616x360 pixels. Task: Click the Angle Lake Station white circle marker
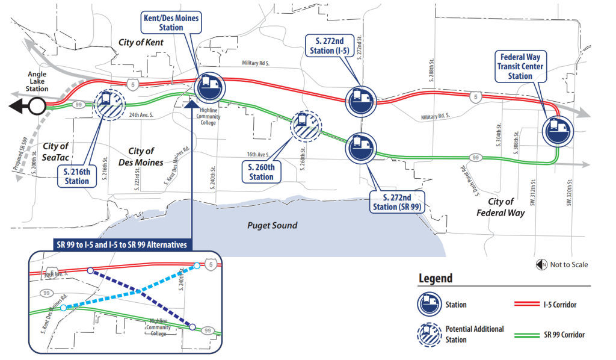pos(37,107)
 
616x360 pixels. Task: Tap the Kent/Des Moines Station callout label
pos(171,23)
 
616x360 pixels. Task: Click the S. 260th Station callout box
pos(261,172)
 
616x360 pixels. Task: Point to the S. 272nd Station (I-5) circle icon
pos(360,101)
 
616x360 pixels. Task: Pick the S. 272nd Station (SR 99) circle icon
pos(360,147)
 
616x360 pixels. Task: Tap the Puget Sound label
pos(273,226)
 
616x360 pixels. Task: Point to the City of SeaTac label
pos(56,151)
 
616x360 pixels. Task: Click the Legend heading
pos(436,279)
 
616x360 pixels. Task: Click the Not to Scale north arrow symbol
pos(540,265)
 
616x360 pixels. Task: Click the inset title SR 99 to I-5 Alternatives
pos(123,244)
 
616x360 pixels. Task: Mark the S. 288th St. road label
pos(432,70)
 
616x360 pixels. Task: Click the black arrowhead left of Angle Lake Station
pos(17,107)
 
